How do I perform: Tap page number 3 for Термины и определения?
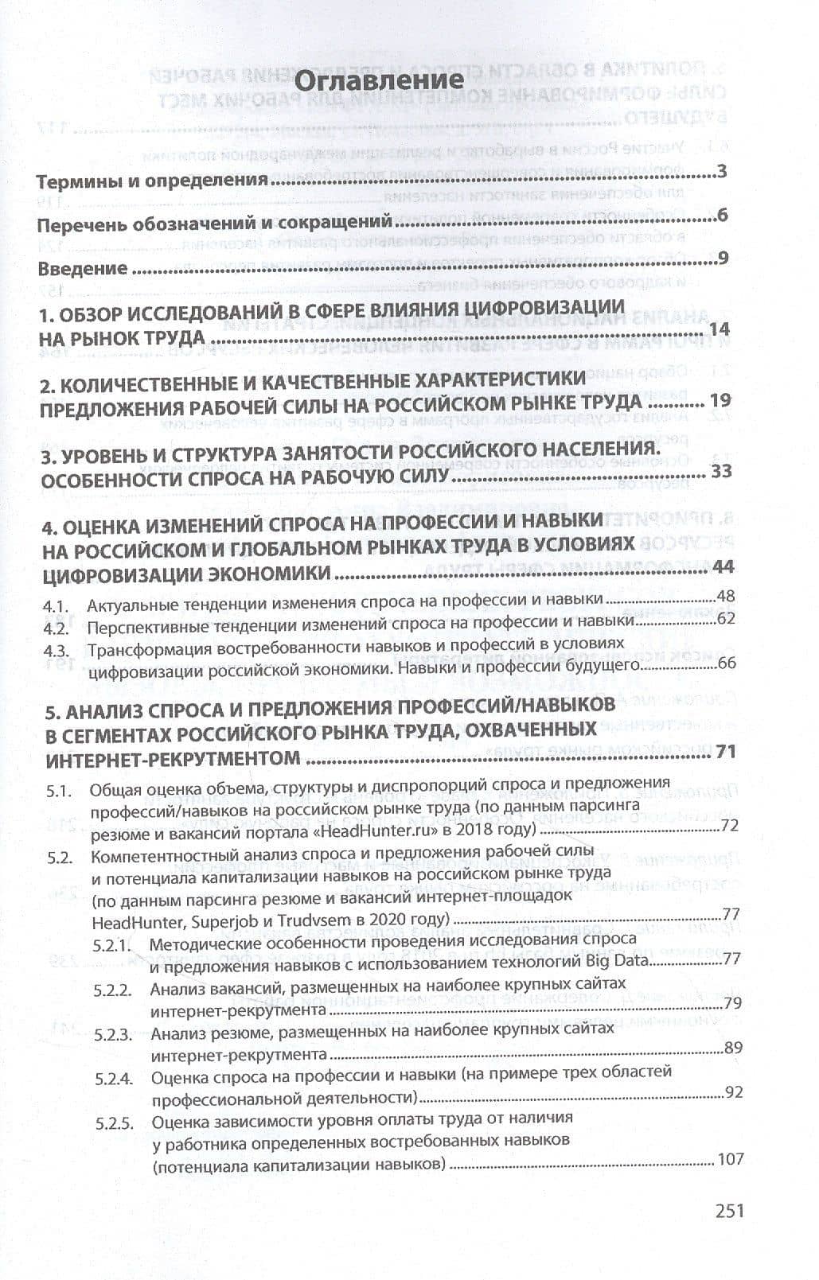point(722,172)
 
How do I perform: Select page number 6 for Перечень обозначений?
point(723,216)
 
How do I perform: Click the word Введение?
point(83,268)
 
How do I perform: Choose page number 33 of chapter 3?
point(721,472)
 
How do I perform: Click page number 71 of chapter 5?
point(725,751)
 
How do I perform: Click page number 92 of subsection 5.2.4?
point(732,1092)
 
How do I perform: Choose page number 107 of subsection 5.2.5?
point(730,1159)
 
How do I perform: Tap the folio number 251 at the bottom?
point(729,1211)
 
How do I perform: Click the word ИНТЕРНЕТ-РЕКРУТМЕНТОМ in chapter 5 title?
point(174,758)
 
